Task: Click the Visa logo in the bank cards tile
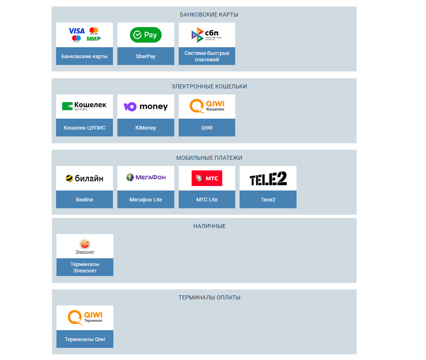77,31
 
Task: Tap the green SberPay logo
146,35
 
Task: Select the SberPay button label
146,57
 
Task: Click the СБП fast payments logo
207,35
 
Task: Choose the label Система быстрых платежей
207,57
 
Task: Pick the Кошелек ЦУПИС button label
85,128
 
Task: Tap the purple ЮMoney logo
146,107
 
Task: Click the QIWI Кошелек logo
207,107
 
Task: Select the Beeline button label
84,200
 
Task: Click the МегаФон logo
146,178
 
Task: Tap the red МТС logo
207,178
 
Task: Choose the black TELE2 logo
268,178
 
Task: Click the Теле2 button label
268,200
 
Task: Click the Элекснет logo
85,246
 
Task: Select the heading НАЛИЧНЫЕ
209,226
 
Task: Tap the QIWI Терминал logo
85,317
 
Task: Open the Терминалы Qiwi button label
85,339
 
